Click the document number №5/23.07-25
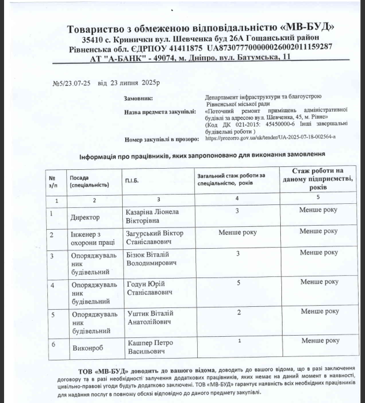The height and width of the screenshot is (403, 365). tap(73, 83)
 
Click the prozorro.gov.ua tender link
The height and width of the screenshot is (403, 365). tap(270, 139)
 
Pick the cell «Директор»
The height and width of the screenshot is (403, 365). tap(85, 218)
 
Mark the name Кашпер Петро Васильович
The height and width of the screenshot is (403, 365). tap(151, 346)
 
